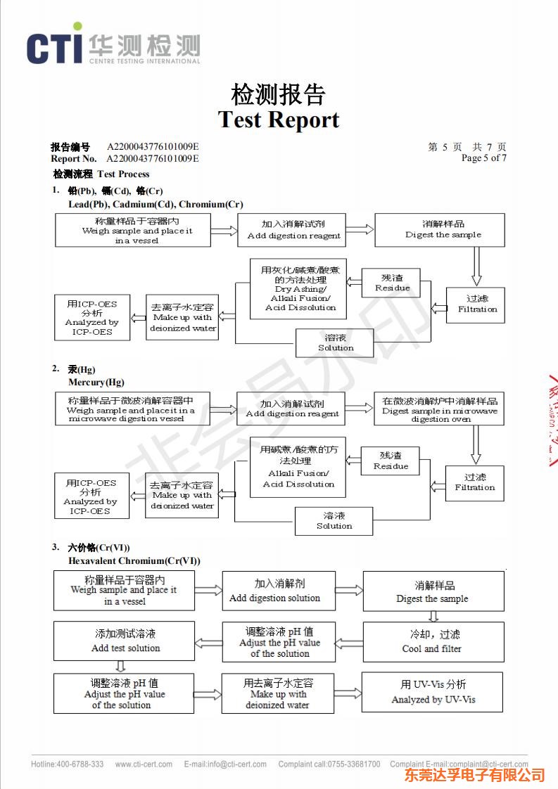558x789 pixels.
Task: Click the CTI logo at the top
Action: [x=113, y=47]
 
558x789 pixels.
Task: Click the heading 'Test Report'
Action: [x=279, y=120]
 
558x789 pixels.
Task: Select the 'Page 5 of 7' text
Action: [x=483, y=158]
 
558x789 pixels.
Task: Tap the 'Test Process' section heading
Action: [x=123, y=174]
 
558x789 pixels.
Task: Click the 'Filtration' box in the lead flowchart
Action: [x=475, y=304]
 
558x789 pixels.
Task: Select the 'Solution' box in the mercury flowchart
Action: [x=334, y=521]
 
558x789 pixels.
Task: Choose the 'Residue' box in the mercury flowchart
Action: [x=391, y=461]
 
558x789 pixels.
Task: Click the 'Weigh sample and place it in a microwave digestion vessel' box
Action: [x=132, y=409]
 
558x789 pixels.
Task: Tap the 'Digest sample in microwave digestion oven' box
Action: [x=439, y=409]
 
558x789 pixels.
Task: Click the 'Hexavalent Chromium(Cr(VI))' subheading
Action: [x=134, y=560]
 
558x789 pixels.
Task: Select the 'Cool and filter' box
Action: [x=433, y=641]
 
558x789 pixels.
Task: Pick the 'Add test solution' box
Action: [x=125, y=641]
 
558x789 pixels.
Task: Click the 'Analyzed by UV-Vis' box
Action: [x=432, y=692]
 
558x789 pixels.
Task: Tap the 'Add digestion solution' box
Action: [x=278, y=591]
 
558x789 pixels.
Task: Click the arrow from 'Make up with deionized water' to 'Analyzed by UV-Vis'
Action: [x=348, y=693]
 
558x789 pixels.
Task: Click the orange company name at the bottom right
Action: [x=474, y=775]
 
